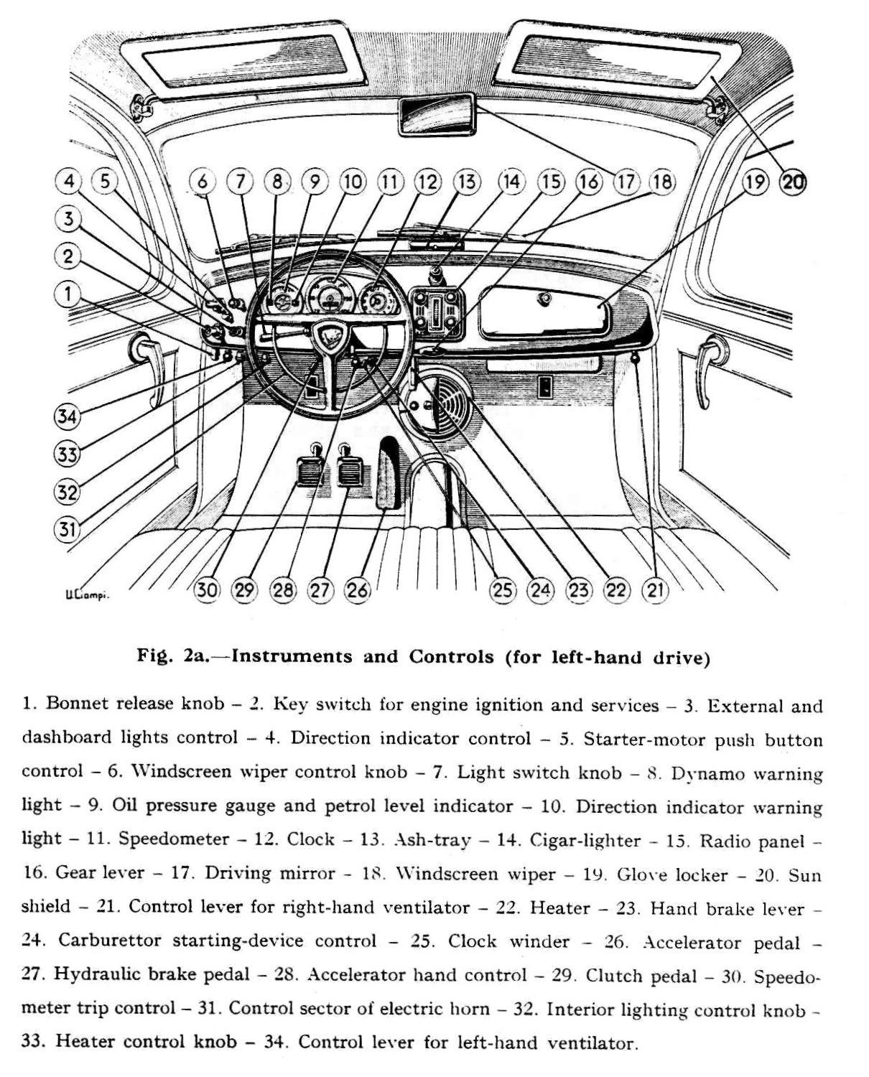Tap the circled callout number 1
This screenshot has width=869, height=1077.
68,294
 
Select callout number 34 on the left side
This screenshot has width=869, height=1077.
67,416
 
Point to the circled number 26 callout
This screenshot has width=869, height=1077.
358,590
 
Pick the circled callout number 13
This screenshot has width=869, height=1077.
467,182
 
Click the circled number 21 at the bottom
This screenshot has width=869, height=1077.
655,590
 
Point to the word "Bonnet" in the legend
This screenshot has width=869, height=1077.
75,703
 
